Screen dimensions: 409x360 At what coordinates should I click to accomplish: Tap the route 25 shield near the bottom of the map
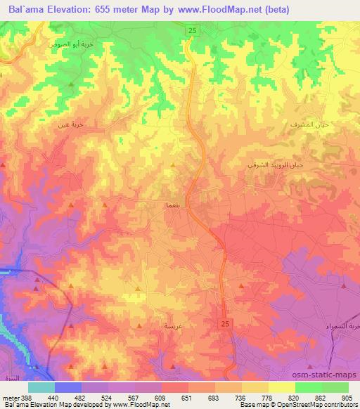click(224, 323)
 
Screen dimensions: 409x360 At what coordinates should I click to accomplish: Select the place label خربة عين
click(71, 124)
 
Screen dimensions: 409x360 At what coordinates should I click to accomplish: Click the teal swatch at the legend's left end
click(41, 387)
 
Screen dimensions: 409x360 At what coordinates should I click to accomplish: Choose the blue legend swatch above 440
click(68, 387)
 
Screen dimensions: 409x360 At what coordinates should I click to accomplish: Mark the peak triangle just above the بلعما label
click(174, 166)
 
